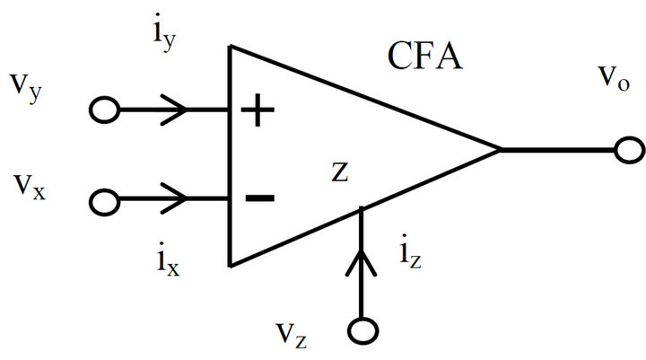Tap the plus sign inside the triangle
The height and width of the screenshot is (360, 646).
(x=258, y=112)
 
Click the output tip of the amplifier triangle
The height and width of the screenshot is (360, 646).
(x=498, y=150)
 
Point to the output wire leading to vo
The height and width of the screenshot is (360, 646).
(x=556, y=150)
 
